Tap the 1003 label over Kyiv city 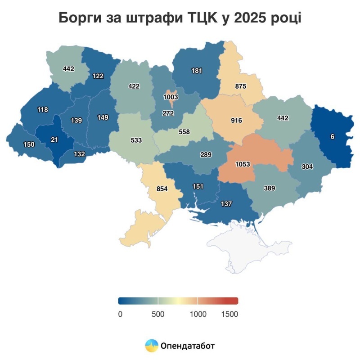(171, 97)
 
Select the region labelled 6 (332, 137)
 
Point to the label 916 (236, 121)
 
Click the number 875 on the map (240, 86)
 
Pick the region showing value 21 (54, 140)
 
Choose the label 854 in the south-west (162, 189)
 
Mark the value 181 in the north (197, 71)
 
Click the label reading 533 (136, 140)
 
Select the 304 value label (307, 166)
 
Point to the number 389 (270, 188)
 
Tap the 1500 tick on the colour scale (229, 314)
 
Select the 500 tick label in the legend (158, 314)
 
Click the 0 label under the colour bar (120, 314)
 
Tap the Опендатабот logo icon (152, 346)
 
